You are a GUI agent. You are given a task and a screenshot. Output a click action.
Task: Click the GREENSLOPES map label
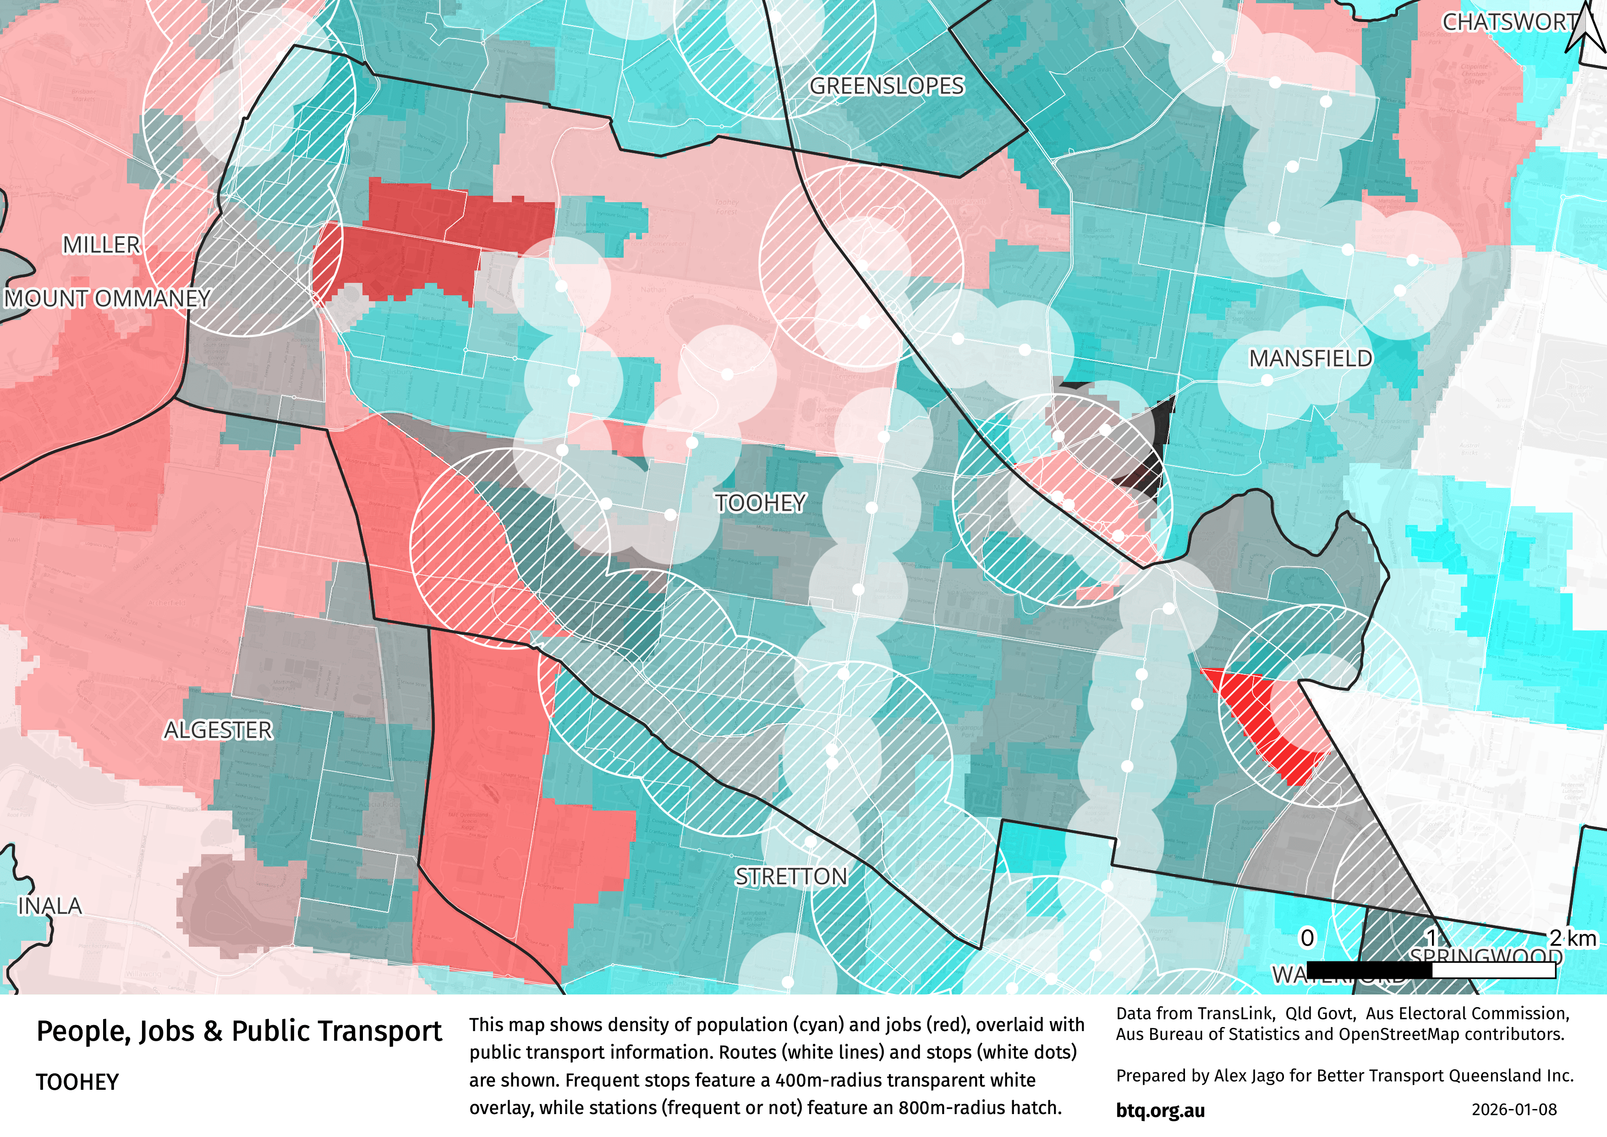point(887,86)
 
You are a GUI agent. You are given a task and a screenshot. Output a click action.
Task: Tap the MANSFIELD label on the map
point(1310,359)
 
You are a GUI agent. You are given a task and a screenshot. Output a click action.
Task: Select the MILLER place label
point(101,244)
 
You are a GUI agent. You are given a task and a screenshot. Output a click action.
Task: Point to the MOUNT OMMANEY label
point(107,298)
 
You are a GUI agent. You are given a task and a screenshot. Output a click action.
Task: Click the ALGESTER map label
point(218,730)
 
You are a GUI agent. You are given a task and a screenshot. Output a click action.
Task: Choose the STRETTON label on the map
point(791,877)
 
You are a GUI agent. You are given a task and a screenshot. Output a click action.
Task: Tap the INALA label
point(49,906)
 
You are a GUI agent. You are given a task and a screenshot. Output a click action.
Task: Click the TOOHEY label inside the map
point(761,502)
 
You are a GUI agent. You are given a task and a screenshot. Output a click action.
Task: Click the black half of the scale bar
point(1369,970)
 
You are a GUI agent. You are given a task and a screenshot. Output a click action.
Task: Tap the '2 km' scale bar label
point(1573,938)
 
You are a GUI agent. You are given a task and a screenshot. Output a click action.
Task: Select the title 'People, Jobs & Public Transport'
point(239,1031)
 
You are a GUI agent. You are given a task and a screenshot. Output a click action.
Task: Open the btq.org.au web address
point(1160,1110)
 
